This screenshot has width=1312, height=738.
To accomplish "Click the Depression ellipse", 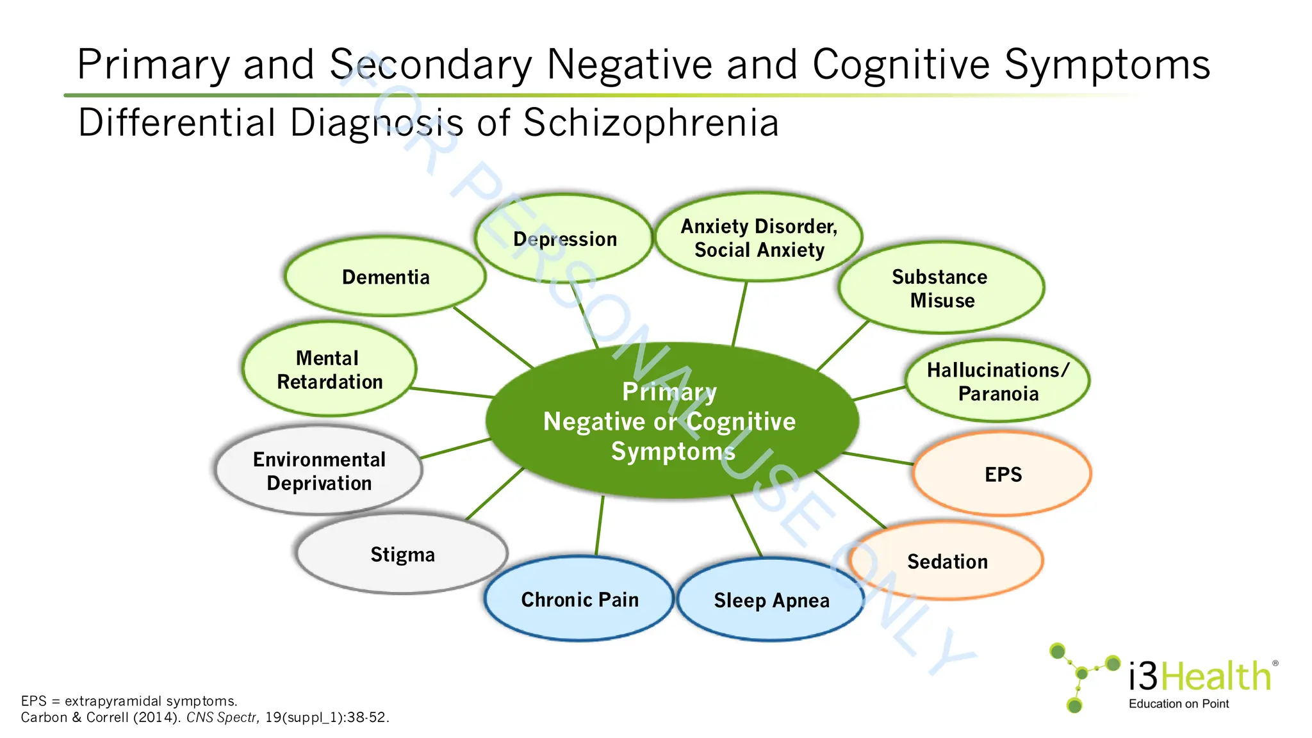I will (x=564, y=238).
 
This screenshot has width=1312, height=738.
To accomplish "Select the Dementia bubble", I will (x=385, y=277).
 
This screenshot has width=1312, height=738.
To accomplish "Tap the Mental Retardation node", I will (x=329, y=370).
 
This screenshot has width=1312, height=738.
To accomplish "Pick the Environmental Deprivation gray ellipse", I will (x=319, y=471).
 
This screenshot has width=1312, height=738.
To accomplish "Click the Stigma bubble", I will (x=402, y=554).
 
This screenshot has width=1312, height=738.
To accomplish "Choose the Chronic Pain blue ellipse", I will (x=579, y=600).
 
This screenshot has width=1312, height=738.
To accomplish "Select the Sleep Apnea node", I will (x=771, y=600).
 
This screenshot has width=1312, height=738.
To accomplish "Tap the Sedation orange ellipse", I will (x=947, y=562).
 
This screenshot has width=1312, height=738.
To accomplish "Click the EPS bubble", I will (x=1003, y=475).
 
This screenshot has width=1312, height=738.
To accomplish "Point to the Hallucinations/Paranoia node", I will (x=997, y=381).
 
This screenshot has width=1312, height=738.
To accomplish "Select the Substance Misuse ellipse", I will (x=940, y=288).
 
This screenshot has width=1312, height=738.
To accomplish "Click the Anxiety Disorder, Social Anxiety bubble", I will (x=758, y=238).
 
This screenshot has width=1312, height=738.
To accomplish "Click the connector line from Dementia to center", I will (x=493, y=338).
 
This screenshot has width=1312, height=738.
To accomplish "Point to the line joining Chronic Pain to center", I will (x=600, y=525).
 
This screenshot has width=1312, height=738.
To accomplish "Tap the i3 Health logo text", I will (x=1199, y=676).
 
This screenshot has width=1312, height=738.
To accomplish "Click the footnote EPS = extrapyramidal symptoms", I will (x=129, y=701).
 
